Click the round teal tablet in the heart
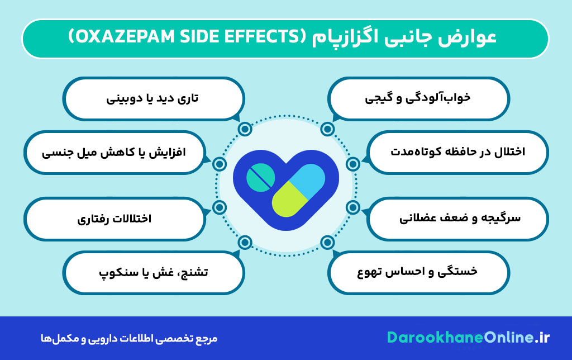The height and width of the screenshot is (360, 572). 261,178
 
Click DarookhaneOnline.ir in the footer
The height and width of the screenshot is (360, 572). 468,338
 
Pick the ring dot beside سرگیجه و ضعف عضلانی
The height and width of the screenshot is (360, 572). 352,207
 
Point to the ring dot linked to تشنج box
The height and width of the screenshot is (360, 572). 244,242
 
